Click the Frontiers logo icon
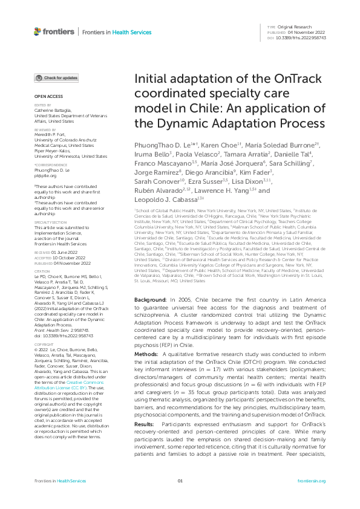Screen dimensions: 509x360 (x=38, y=31)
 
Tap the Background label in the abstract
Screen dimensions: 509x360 (x=147, y=300)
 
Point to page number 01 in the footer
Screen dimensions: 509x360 (x=180, y=498)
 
